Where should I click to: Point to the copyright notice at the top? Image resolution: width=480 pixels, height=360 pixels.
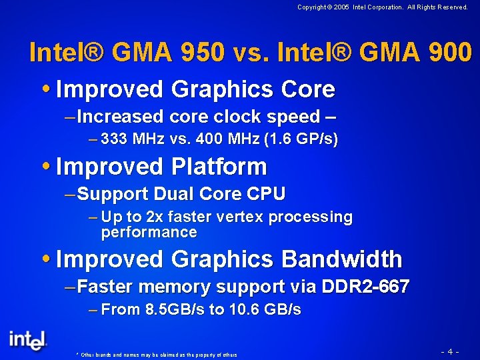click(382, 7)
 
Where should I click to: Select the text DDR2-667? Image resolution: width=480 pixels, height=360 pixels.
click(365, 287)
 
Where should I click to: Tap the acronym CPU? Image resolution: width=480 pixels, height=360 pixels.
click(266, 194)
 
